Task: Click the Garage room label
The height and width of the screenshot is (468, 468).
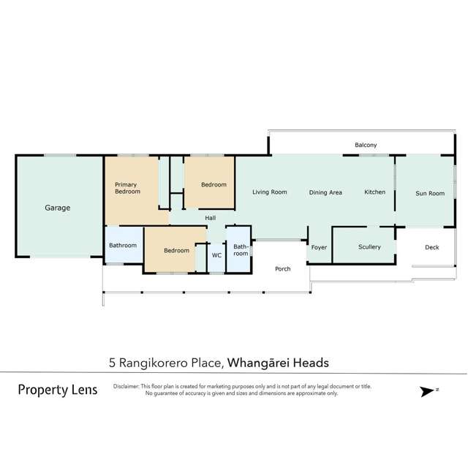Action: [58, 208]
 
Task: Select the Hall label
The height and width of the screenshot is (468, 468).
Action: [210, 218]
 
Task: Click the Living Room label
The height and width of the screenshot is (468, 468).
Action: [269, 192]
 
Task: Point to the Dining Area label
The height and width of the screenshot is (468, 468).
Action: [325, 192]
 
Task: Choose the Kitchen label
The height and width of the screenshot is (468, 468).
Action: [374, 192]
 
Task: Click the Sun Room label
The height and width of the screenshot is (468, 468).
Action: [430, 193]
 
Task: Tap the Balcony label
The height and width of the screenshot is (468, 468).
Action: [366, 146]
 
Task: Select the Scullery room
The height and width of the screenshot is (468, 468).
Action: [369, 247]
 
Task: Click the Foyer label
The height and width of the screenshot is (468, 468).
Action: [319, 247]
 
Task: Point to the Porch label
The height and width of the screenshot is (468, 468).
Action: [282, 268]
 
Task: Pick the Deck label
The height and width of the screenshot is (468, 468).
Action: [432, 247]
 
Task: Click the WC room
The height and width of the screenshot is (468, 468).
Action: [216, 255]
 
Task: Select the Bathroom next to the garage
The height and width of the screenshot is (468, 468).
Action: [123, 245]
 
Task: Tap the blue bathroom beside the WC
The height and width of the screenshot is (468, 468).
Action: [241, 250]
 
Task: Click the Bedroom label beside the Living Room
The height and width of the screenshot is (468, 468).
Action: [214, 185]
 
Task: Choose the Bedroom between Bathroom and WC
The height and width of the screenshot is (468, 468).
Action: [176, 250]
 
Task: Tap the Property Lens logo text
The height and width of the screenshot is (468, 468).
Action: [57, 390]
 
